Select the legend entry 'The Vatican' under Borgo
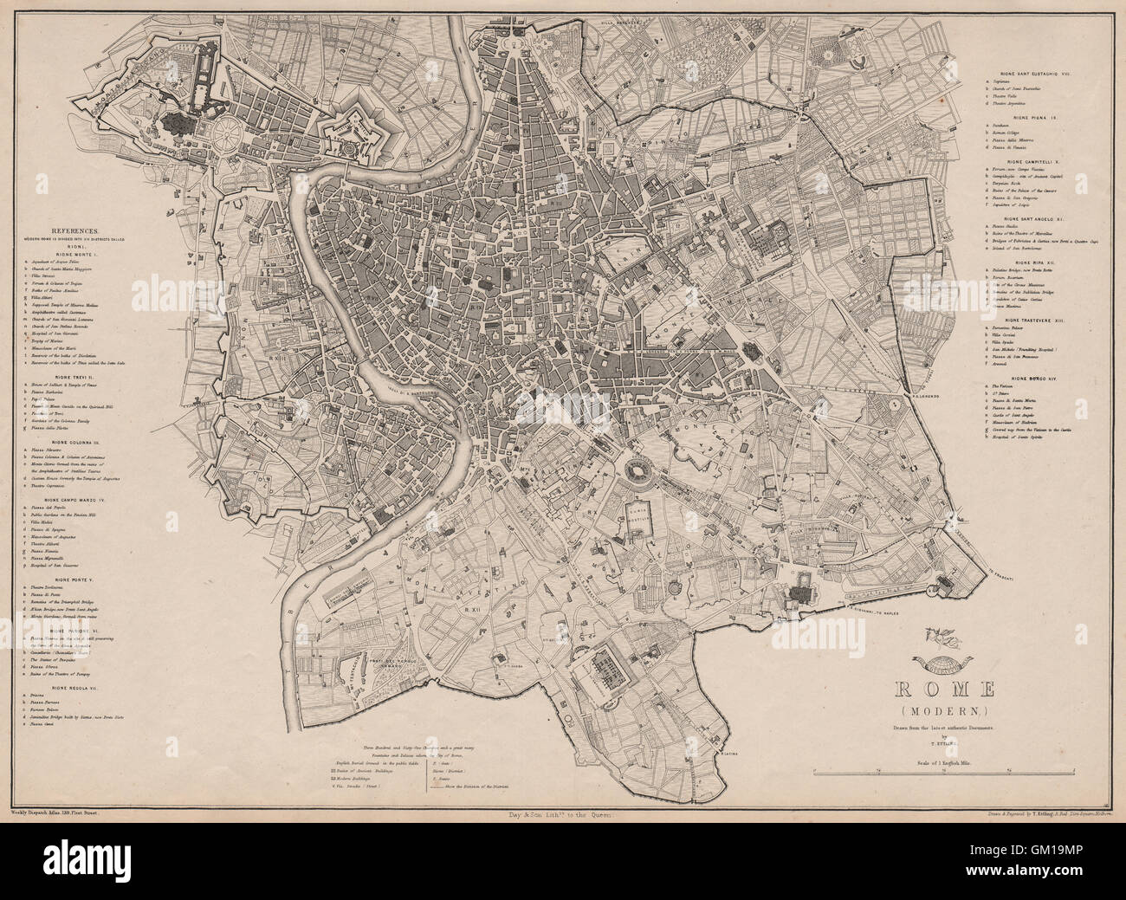(1005, 387)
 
